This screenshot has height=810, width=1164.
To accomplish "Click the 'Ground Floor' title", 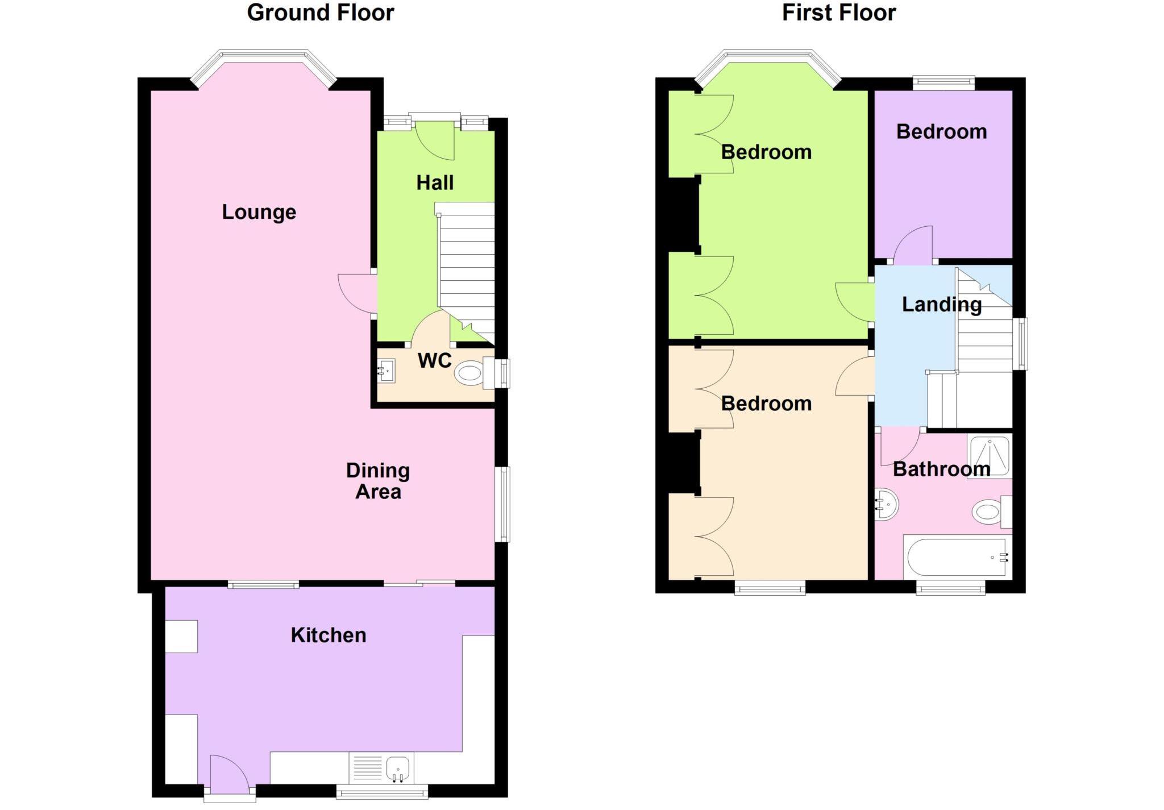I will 320,13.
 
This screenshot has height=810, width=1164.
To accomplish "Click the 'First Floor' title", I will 838,13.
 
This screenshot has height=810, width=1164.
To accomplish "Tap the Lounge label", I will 259,212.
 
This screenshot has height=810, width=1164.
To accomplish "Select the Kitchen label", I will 328,635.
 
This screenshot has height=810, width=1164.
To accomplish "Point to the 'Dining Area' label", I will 378,481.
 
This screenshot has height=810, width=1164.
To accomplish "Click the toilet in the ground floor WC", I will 471,373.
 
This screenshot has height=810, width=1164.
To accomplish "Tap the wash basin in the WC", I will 386,371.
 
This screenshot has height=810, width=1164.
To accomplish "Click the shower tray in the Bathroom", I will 989,455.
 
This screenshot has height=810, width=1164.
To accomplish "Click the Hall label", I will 435,183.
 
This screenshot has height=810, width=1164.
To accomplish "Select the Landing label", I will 941,305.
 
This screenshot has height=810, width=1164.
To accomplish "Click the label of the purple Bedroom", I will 941,132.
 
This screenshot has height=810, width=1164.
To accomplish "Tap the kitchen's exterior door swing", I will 227,773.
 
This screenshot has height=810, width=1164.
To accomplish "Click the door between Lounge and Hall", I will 356,293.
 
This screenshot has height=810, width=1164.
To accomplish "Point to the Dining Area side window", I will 502,504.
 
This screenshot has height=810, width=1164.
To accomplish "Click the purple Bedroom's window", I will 943,83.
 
